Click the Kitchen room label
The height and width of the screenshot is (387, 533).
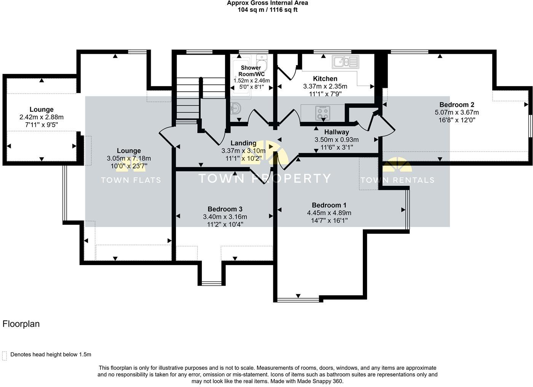tap(325, 79)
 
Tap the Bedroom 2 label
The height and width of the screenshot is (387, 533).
tap(456, 105)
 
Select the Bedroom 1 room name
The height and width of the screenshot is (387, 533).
tap(329, 205)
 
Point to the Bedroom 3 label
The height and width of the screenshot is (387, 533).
tap(225, 209)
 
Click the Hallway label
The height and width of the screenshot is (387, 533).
tap(337, 132)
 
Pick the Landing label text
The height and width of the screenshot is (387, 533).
tap(243, 143)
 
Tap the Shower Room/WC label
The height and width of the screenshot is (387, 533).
tap(251, 71)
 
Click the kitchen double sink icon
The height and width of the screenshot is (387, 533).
tap(345, 62)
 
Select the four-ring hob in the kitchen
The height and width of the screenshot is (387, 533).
tap(322, 112)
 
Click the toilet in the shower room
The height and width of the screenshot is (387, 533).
tap(262, 61)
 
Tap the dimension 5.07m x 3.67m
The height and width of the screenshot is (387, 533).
tap(456, 112)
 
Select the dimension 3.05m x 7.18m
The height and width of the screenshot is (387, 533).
tap(129, 158)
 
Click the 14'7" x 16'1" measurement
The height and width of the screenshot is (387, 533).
tap(329, 221)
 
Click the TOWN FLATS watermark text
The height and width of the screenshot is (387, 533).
tap(131, 180)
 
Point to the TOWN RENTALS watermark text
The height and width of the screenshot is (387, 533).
tap(397, 180)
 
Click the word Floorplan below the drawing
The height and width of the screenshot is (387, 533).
tap(21, 324)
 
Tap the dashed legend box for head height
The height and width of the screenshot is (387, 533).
tap(5, 355)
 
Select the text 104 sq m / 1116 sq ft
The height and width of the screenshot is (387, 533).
tap(267, 10)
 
